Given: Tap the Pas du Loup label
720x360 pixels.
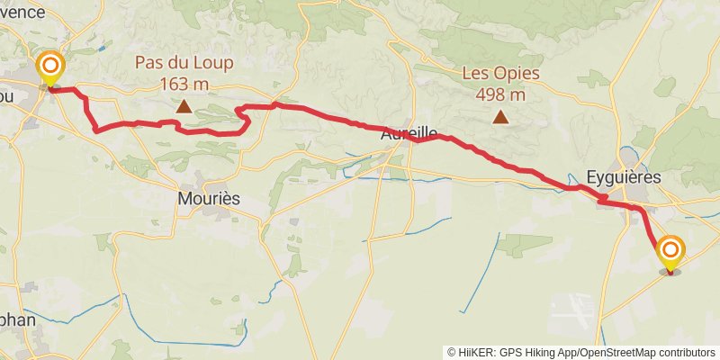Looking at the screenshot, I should pyautogui.click(x=184, y=63).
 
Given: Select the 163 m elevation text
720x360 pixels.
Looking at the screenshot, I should pyautogui.click(x=184, y=83).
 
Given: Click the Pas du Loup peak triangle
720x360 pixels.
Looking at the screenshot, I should pyautogui.click(x=184, y=106).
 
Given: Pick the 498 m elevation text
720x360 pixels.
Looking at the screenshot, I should pyautogui.click(x=500, y=94).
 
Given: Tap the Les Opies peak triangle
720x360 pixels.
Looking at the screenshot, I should pyautogui.click(x=500, y=116).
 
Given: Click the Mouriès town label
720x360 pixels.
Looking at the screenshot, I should pyautogui.click(x=210, y=198).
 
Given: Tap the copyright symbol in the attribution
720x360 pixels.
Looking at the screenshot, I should pyautogui.click(x=452, y=353).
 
